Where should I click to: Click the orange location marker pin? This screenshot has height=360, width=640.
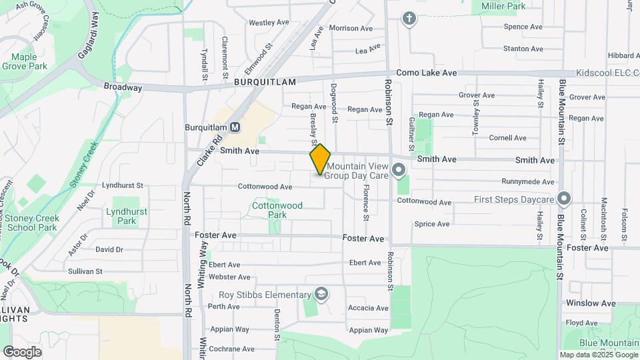point(320,159)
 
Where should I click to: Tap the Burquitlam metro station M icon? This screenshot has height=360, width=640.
point(235,127)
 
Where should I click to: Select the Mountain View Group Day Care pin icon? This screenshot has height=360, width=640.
point(399,171)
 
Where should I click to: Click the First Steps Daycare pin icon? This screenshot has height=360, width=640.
point(564,199)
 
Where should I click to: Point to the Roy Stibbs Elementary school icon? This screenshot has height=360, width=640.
point(321,295)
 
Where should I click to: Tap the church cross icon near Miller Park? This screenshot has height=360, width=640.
point(409,18)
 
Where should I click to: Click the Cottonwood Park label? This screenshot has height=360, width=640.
point(277,210)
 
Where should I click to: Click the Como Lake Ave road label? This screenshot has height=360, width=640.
point(426,73)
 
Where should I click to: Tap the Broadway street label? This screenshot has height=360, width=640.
point(123,87)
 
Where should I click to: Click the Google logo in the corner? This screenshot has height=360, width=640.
point(23,351)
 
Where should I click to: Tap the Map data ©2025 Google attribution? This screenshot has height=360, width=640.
point(599,355)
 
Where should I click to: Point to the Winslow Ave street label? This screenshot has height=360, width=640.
point(591,303)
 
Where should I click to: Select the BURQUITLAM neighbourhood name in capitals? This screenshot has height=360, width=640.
point(265,81)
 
